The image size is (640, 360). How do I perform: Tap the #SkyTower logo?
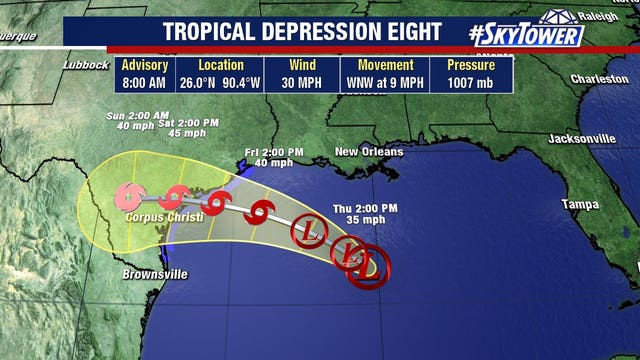click(526, 33)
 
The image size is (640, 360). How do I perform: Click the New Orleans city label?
click(369, 152)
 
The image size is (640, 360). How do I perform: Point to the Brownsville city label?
click(154, 274)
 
